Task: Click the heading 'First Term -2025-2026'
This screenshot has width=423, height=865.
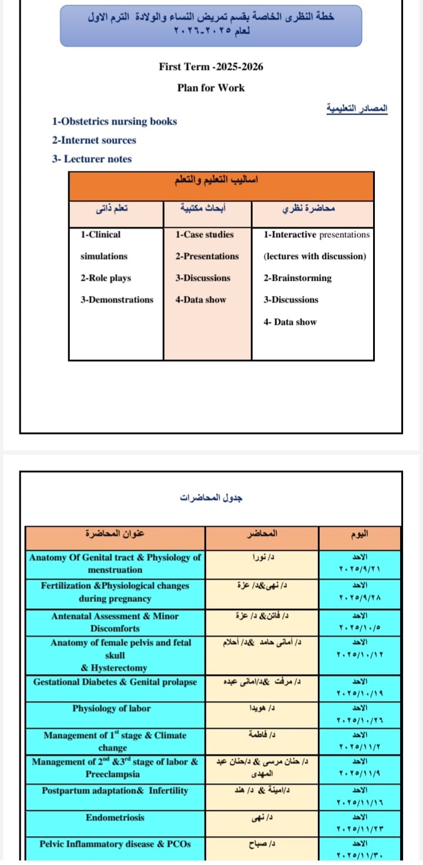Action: pos(211,66)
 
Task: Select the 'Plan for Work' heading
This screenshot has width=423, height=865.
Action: pos(211,87)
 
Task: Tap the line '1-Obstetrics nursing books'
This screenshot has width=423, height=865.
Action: pos(114,122)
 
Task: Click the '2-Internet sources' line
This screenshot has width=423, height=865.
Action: pos(93,140)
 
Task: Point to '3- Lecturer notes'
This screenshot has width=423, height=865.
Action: pos(92,159)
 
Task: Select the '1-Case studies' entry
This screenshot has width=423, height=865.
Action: pos(204,235)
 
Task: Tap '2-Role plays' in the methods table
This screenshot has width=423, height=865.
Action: pos(106,278)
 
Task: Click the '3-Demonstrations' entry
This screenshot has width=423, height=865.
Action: pos(117,299)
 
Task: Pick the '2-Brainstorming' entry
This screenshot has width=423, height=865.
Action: pos(297,278)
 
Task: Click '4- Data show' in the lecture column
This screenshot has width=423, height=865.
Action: pos(290,322)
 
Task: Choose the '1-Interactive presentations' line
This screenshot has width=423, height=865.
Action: pos(317,235)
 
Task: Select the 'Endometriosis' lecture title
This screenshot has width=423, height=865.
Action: pos(115,817)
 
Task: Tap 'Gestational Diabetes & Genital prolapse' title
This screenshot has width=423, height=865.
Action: pos(115,682)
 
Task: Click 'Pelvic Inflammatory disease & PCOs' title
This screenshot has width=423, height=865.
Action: pos(115,844)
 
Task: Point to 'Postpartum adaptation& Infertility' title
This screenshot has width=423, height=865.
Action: pos(115,790)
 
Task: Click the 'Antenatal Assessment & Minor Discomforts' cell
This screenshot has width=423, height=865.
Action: pos(115,622)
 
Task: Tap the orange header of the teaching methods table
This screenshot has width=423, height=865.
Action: pos(221,186)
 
